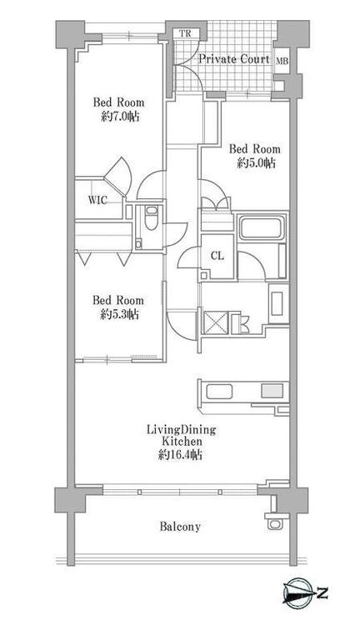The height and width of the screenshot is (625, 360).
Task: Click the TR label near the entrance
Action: pos(185,33)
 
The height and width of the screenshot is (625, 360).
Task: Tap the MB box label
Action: pos(282,62)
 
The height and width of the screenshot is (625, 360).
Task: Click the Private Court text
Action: pos(234,59)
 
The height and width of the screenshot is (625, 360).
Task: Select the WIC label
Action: pos(97,200)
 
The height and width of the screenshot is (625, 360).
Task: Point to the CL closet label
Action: pos(217,256)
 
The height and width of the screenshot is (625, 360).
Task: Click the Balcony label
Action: pos(180,527)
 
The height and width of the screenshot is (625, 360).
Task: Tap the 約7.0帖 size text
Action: pos(120,117)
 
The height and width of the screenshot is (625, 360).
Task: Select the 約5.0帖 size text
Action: pos(256,163)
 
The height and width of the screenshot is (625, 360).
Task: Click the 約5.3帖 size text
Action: pos(120,314)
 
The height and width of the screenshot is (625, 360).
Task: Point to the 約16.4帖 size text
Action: pos(180,454)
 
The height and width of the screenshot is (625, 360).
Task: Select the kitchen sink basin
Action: pos(219,392)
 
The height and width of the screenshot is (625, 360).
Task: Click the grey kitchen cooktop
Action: pos(272,391)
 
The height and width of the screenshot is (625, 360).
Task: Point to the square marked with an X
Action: pos(216,322)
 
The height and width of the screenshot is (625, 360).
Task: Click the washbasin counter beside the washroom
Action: pos(278,303)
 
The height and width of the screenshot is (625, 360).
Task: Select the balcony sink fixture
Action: pos(276,522)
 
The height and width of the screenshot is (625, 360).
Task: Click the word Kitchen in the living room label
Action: pos(182,442)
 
